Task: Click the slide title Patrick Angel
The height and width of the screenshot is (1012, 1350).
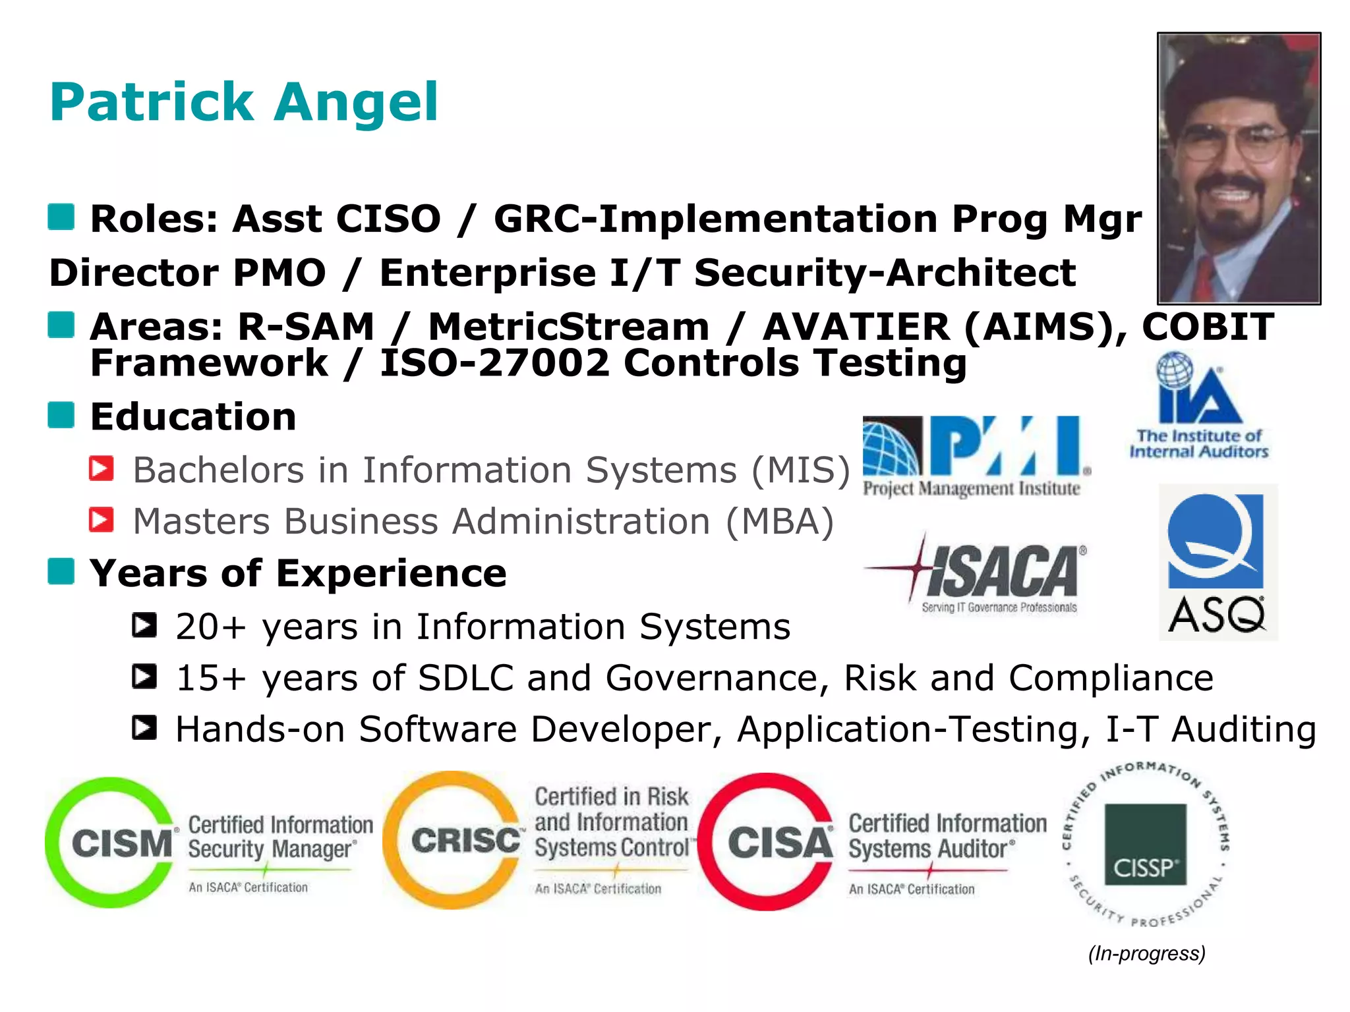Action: (x=244, y=102)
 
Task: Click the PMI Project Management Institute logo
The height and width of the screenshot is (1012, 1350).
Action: (x=976, y=455)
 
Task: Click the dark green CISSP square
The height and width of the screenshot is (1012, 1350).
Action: (x=1145, y=844)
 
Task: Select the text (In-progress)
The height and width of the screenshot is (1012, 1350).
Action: (x=1146, y=953)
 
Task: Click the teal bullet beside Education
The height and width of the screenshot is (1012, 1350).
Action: (x=61, y=415)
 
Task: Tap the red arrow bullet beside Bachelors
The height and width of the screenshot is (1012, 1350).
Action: (x=102, y=468)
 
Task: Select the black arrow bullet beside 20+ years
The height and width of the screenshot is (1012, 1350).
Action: (x=144, y=625)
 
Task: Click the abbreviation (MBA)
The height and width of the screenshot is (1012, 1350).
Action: (x=780, y=521)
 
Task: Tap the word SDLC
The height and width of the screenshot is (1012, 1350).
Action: (x=465, y=677)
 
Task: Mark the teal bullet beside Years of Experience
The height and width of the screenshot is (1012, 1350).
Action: (x=61, y=571)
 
